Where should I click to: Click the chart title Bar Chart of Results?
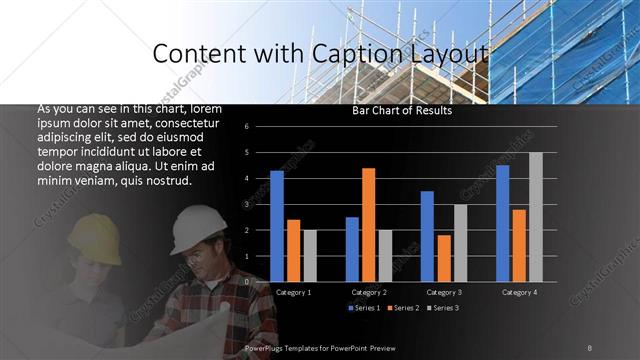coord(402,111)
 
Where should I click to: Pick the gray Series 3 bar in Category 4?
coord(535,217)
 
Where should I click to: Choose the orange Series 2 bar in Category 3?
coord(443,258)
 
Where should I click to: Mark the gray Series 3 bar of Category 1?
coord(310,255)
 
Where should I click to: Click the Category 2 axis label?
coord(369,292)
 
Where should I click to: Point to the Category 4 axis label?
coord(519,292)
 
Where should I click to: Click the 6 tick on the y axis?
coord(259,127)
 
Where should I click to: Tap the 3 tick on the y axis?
coord(259,204)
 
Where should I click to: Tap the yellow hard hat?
coord(95,231)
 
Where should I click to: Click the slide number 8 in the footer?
coord(590,347)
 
